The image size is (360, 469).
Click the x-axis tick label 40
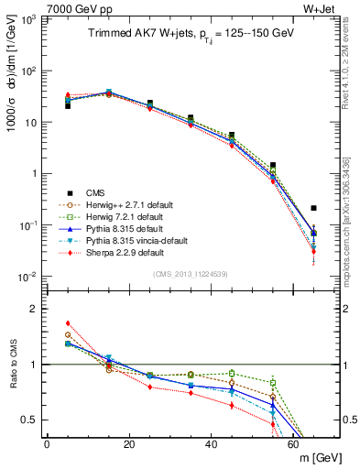coord(211,444)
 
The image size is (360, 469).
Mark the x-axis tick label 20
coord(129,444)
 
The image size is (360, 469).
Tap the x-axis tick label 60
coord(293,444)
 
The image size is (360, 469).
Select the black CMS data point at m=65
coord(313,208)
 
